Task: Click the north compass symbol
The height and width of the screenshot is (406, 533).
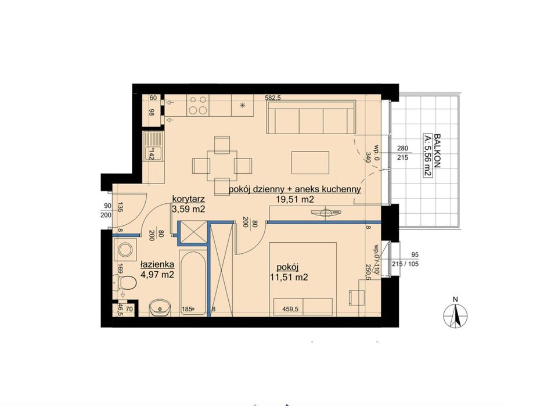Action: [456, 314]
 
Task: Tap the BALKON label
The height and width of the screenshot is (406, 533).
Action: [437, 150]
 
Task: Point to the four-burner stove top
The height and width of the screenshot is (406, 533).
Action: [198, 105]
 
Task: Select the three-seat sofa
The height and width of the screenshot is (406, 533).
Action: [311, 117]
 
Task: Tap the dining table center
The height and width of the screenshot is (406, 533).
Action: [222, 166]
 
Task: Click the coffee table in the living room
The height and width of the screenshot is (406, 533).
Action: [310, 163]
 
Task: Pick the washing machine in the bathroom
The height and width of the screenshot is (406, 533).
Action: [125, 250]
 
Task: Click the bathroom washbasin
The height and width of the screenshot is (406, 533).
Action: [160, 308]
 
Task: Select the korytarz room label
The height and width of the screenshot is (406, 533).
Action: [188, 199]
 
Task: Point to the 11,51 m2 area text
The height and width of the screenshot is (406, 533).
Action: [289, 277]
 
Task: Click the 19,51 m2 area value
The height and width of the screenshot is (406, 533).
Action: [295, 199]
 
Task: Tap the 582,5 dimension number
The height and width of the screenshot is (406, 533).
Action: [273, 98]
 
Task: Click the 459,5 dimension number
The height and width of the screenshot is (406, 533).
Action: [290, 309]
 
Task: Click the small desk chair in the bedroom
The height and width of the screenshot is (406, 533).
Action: [356, 298]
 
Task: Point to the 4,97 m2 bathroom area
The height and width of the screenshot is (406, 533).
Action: [157, 274]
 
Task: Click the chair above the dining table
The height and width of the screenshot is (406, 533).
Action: [222, 145]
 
